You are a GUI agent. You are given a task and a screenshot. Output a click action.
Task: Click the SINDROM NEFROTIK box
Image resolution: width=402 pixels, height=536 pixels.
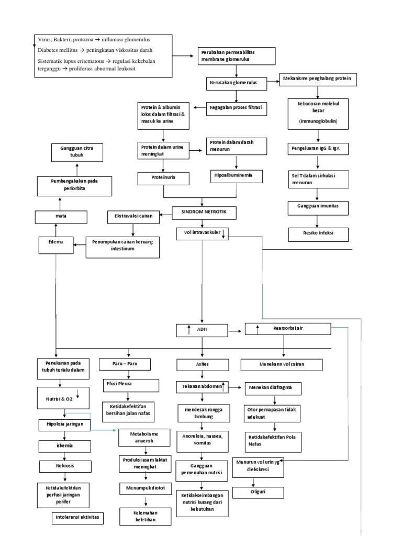[x=205, y=213]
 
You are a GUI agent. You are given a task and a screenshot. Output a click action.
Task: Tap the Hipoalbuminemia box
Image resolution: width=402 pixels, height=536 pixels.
[x=237, y=176]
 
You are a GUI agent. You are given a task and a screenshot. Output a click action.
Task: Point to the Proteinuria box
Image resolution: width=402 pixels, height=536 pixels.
[x=164, y=178]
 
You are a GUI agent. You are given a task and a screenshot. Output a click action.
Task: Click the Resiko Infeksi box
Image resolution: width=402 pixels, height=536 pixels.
[x=318, y=234]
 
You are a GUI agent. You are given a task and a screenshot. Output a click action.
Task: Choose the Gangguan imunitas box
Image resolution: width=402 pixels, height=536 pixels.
[x=318, y=207]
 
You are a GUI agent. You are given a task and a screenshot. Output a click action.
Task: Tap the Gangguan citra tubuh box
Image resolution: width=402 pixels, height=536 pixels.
[x=77, y=153]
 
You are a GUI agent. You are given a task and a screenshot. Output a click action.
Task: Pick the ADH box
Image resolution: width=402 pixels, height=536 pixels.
[x=202, y=330]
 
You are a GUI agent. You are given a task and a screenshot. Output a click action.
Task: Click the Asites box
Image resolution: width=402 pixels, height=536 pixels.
[x=202, y=364]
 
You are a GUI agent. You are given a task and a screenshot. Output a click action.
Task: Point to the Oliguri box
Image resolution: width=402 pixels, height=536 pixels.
[x=258, y=493]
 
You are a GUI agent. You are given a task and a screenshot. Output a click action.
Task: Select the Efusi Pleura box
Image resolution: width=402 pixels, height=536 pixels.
[x=130, y=386]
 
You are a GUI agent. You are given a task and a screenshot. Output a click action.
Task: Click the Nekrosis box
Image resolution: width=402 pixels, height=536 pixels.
[x=65, y=466]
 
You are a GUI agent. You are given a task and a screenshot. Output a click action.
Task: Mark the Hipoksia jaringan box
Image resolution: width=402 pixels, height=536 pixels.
[x=65, y=423]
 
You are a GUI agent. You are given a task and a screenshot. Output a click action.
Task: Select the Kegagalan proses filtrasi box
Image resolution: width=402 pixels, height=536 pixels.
[x=237, y=108]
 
